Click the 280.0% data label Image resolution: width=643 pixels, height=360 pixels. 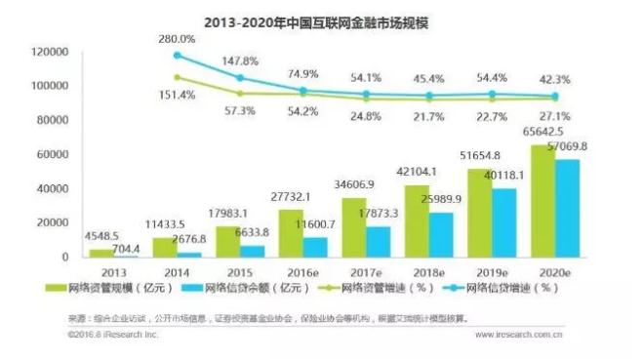(178, 38)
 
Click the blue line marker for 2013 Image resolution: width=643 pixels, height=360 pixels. (177, 55)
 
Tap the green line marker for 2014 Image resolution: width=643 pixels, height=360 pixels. (240, 94)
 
